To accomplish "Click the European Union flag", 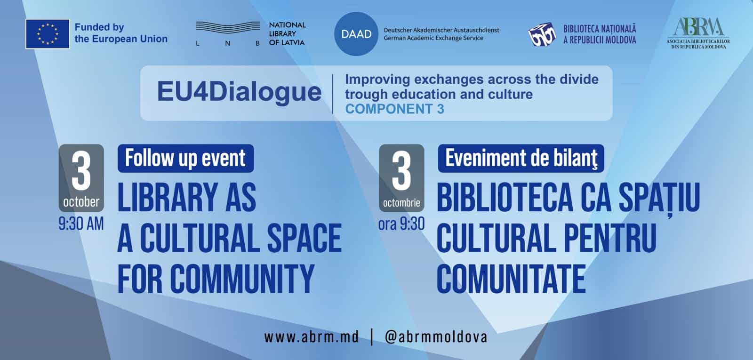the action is (x=48, y=34).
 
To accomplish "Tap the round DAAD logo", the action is (x=356, y=34).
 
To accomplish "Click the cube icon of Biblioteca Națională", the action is (x=542, y=34).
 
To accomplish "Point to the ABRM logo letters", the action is (x=698, y=26).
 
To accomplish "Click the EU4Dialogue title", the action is (x=239, y=92).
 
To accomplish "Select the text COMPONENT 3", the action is (x=395, y=109).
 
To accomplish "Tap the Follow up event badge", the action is (x=185, y=158).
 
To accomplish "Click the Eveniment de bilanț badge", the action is (x=521, y=158).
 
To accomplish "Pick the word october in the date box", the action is (x=81, y=202).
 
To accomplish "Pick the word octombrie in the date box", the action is (x=401, y=203).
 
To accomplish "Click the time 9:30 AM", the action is (x=81, y=224).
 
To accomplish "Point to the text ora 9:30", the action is (x=401, y=224).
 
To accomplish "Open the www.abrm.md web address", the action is (x=311, y=337).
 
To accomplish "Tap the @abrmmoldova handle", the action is (x=436, y=337).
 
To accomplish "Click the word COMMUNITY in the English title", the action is (x=242, y=279).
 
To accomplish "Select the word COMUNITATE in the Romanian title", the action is (x=511, y=279).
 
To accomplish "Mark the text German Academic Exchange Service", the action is (x=433, y=38).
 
